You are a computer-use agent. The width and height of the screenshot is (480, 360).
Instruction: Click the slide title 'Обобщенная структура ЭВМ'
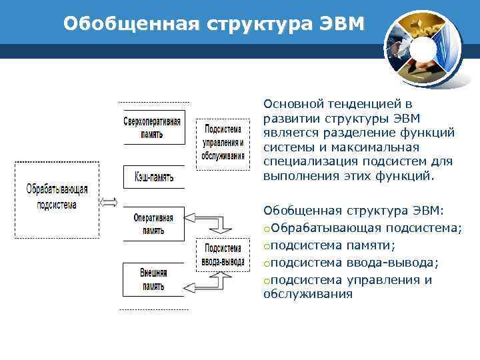tap(214, 25)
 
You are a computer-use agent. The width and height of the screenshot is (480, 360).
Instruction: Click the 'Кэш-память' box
tap(153, 177)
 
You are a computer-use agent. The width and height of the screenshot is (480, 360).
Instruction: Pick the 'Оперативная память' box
tap(153, 224)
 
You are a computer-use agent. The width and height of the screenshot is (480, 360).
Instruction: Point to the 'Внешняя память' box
tap(153, 279)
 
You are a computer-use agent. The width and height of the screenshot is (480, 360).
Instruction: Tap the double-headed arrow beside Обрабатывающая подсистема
tap(109, 202)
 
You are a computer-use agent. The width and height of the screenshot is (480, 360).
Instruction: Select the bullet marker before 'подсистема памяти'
tap(267, 246)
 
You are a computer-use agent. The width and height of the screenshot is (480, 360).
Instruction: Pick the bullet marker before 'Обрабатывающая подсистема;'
tap(267, 229)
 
